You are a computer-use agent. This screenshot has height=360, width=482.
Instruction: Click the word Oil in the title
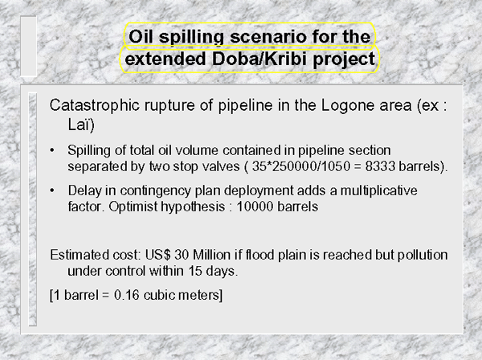(x=141, y=37)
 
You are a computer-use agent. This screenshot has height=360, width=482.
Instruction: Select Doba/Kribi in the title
(x=259, y=59)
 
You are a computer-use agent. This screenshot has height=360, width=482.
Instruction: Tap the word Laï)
(x=81, y=125)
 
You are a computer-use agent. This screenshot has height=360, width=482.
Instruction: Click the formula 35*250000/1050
(x=301, y=166)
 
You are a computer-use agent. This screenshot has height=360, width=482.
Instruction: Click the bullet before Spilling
(x=52, y=150)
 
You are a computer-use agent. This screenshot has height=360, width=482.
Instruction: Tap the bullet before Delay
(x=52, y=190)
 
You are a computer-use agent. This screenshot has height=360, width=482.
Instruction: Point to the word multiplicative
(x=378, y=190)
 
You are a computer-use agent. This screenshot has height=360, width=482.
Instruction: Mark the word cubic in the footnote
(x=158, y=295)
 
